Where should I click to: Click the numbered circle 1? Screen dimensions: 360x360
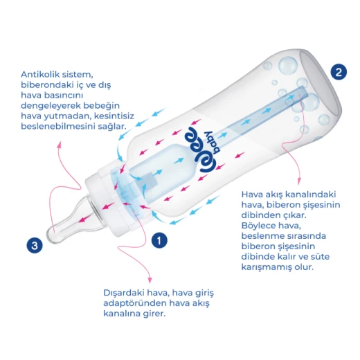click(x=159, y=240)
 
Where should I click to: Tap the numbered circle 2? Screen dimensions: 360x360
click(x=339, y=72)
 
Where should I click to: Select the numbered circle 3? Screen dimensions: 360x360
click(x=35, y=245)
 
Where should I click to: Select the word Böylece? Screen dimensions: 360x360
click(x=258, y=226)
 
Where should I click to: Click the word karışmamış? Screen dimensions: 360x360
click(x=267, y=267)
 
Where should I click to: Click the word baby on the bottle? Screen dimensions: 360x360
click(x=212, y=143)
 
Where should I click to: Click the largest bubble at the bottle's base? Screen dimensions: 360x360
click(x=287, y=66)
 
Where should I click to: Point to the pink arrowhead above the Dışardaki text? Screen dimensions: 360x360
click(x=150, y=280)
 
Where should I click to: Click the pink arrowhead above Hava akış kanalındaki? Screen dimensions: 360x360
click(x=299, y=181)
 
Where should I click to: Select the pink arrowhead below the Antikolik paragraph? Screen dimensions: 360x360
click(x=60, y=144)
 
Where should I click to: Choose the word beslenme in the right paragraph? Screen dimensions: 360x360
click(x=262, y=236)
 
